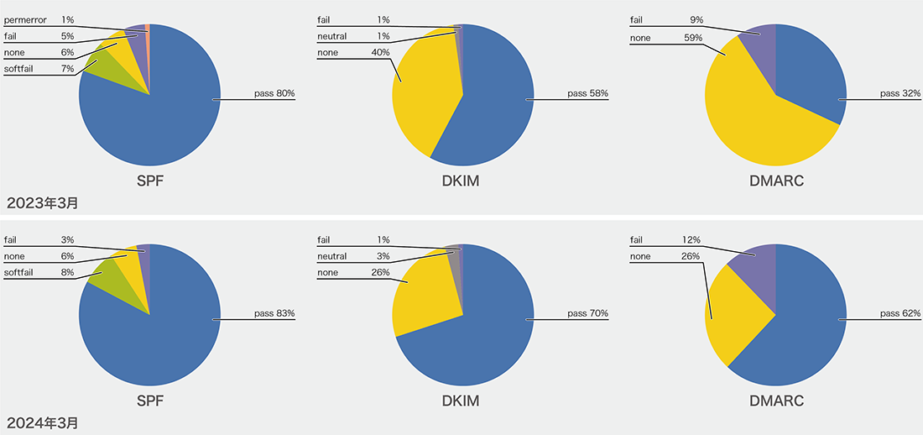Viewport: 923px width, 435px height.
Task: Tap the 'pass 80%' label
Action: point(274,93)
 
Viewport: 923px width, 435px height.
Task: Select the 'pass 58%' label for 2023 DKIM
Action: point(587,93)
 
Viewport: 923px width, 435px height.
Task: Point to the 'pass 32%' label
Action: point(900,93)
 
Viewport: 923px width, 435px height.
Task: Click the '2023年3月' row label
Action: point(43,202)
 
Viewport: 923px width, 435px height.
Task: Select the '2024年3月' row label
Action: point(43,422)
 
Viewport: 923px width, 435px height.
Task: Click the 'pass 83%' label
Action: point(274,313)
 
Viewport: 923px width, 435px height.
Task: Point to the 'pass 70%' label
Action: point(587,313)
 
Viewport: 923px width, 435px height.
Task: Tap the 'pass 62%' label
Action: point(900,313)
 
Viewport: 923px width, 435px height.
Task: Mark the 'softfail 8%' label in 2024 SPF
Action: point(39,272)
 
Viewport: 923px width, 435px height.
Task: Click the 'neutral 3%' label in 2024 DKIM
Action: point(353,256)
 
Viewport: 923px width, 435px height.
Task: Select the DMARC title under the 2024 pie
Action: point(776,401)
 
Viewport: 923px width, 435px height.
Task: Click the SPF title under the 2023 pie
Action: point(150,181)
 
